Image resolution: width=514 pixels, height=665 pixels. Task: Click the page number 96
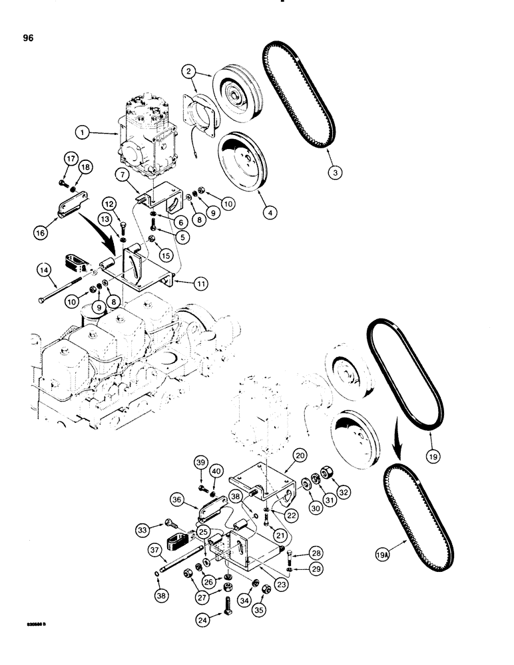click(27, 37)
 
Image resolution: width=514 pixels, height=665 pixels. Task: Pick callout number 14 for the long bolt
click(44, 269)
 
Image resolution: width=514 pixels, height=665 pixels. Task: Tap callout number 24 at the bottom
click(204, 622)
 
